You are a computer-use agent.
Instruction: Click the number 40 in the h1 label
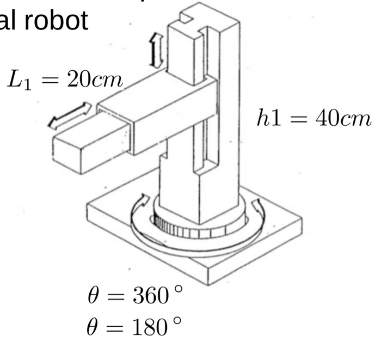322,119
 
